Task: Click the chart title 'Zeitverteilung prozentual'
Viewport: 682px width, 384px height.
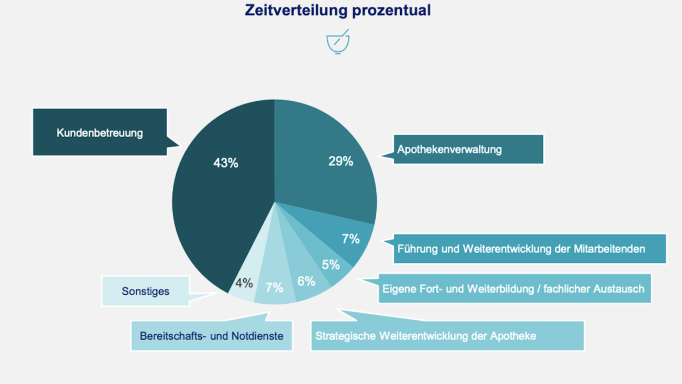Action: (x=338, y=10)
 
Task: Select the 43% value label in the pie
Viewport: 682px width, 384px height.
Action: (x=226, y=163)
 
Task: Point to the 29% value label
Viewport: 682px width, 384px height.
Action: (x=340, y=161)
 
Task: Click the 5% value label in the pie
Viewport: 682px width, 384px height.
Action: (x=330, y=265)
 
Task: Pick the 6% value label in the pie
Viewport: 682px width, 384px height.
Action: (x=306, y=281)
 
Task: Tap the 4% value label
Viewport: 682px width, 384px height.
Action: (x=244, y=283)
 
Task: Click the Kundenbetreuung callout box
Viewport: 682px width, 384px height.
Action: (x=100, y=133)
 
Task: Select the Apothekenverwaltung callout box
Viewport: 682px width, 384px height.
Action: (x=469, y=150)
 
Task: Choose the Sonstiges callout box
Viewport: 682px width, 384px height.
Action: (x=145, y=291)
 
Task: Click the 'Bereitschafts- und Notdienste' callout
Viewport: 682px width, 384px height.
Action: (x=211, y=336)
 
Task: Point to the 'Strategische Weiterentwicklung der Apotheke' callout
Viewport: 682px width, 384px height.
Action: (x=448, y=336)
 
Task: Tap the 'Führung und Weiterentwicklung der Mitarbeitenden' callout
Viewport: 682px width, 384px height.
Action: (x=529, y=249)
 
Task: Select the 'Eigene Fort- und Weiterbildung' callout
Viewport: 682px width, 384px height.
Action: (x=514, y=288)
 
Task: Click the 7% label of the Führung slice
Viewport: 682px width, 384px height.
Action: (x=351, y=239)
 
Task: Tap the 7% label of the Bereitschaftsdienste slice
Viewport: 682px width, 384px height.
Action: (x=275, y=287)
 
